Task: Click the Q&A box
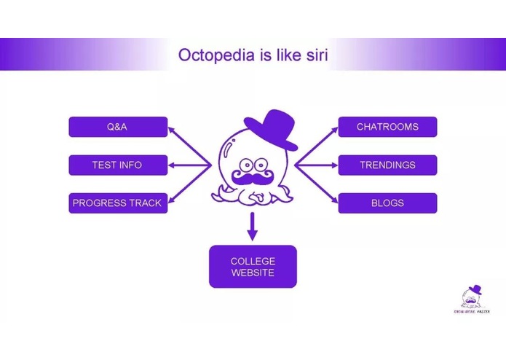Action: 118,127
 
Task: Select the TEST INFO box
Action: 118,165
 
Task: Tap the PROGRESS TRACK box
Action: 118,203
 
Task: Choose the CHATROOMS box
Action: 387,127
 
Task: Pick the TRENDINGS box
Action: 387,165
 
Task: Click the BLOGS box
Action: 387,203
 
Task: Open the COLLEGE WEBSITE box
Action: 253,267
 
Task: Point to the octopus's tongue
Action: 254,195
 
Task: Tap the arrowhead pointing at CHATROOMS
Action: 333,130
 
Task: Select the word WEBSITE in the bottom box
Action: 253,273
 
